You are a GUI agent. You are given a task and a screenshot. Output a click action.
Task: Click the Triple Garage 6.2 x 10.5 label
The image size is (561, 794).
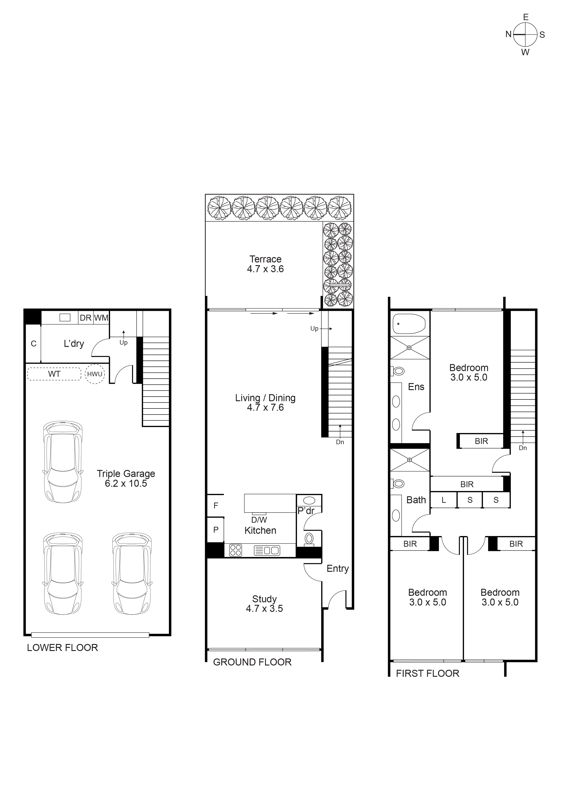point(126,478)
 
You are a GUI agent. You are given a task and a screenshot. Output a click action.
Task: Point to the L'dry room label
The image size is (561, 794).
point(74,344)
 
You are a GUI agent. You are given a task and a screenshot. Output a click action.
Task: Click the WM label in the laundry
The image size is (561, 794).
point(101,318)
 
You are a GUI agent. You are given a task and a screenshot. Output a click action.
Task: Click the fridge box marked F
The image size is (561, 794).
point(216,505)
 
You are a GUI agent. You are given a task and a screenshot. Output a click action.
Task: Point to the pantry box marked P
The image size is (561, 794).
point(216,529)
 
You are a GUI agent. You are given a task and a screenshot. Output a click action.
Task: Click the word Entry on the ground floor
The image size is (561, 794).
point(337,569)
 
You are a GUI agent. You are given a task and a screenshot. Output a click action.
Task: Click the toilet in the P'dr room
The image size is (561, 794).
point(309,539)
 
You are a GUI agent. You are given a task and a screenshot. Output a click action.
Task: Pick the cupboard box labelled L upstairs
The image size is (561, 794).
point(444,500)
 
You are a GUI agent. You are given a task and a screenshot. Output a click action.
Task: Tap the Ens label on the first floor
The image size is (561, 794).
point(416,387)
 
